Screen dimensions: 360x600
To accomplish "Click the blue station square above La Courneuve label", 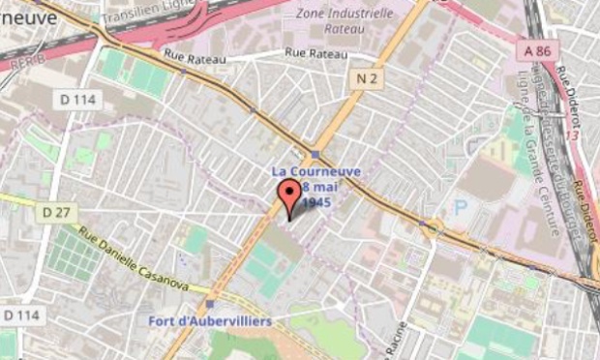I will (x=315, y=154).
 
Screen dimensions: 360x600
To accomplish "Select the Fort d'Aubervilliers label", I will (x=210, y=320).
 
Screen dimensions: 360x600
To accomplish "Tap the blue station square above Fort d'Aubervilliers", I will (x=209, y=303).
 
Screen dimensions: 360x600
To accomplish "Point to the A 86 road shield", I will (x=535, y=49).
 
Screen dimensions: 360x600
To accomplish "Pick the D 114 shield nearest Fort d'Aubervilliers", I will (x=20, y=315).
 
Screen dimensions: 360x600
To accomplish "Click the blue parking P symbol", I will (x=461, y=205).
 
